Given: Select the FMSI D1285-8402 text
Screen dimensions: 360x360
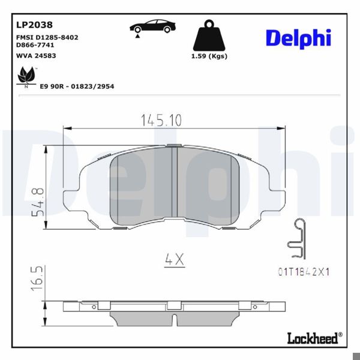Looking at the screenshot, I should point(46,37).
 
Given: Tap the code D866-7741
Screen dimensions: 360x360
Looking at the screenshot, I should point(34,45).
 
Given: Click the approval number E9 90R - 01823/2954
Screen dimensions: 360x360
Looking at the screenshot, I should point(77,86).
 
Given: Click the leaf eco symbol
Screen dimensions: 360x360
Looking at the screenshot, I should point(25,76).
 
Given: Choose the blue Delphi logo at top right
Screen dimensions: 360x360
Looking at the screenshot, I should point(298,37).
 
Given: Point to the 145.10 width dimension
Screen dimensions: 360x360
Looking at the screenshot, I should point(161,120).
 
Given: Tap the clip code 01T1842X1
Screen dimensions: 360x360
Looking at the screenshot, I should point(304,272).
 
